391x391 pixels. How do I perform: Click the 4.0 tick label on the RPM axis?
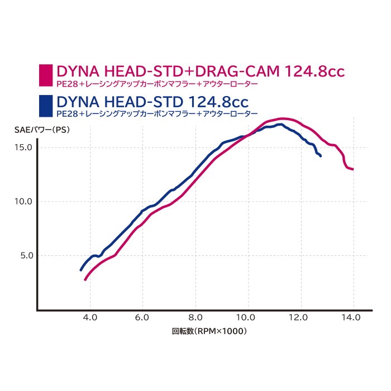click(90, 317)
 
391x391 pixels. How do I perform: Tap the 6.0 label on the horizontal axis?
click(142, 317)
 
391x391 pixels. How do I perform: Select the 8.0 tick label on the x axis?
click(195, 317)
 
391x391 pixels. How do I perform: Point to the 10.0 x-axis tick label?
click(248, 317)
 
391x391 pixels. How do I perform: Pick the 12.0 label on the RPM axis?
click(301, 317)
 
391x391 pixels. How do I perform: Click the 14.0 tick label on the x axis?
click(354, 317)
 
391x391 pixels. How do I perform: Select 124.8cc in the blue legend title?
click(213, 102)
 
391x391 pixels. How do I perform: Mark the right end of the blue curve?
click(321, 156)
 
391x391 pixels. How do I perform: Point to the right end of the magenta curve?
click(353, 169)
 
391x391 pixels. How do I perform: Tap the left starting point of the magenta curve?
click(85, 279)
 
